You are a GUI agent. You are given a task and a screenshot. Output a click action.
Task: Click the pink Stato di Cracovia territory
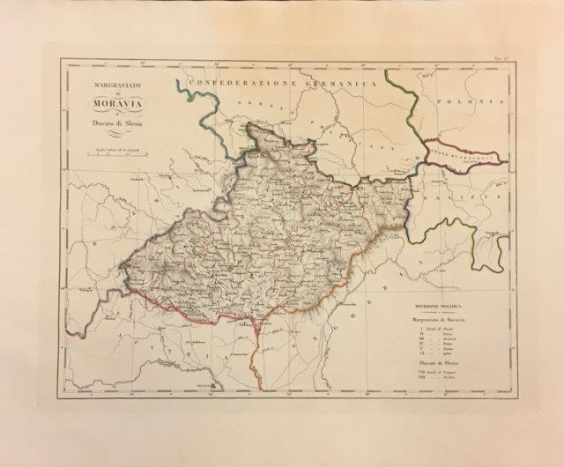[465, 157]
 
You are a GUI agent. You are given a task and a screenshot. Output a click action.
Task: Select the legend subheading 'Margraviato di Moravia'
[439, 321]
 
